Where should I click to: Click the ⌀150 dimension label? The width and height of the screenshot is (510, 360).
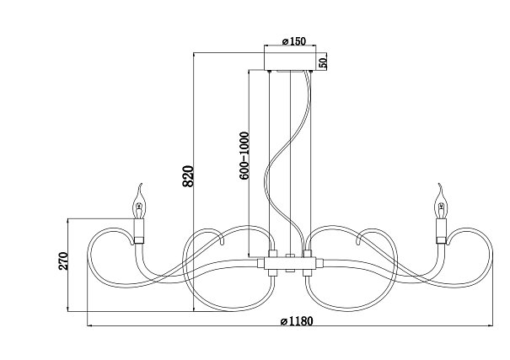293,41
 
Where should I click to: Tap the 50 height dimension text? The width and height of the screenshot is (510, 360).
322,62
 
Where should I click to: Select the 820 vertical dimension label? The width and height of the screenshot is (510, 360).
188,176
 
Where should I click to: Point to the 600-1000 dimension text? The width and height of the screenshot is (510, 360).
244,155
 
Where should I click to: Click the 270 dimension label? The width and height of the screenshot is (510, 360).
63,261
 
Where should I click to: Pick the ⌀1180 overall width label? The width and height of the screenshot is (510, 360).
297,321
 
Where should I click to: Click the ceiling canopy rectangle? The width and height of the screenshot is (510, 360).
289,62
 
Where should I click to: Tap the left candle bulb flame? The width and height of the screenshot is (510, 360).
140,201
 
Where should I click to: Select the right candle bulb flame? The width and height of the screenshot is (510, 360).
442,201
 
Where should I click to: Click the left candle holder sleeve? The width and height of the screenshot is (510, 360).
139,231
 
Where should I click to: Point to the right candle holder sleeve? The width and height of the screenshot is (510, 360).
442,231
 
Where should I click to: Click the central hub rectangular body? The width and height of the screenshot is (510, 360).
290,263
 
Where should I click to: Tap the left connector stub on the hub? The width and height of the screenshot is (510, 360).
260,263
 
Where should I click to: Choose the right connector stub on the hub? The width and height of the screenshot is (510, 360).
319,263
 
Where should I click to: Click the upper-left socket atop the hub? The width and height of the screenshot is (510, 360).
272,254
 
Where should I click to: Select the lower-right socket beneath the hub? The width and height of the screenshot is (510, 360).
308,273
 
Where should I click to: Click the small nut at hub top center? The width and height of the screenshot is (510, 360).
290,255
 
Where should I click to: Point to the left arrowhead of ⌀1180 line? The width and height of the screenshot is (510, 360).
90,325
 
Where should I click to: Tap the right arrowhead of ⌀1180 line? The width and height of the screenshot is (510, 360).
490,325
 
